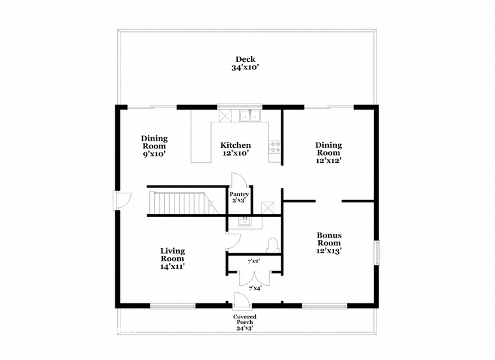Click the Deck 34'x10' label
[246, 63]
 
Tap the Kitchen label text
[236, 145]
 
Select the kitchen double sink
[249, 116]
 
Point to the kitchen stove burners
[275, 146]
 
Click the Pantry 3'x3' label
[239, 197]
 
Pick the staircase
[183, 203]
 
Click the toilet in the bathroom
[272, 245]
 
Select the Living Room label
[173, 258]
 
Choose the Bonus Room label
[329, 243]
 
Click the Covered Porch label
[245, 322]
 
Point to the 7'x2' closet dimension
[254, 261]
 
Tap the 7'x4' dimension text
[255, 288]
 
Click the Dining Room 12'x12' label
[329, 152]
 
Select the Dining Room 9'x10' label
[154, 146]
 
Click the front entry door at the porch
[242, 300]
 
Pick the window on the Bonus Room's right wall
[376, 253]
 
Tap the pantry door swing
[239, 180]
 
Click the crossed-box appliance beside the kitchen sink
[225, 115]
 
